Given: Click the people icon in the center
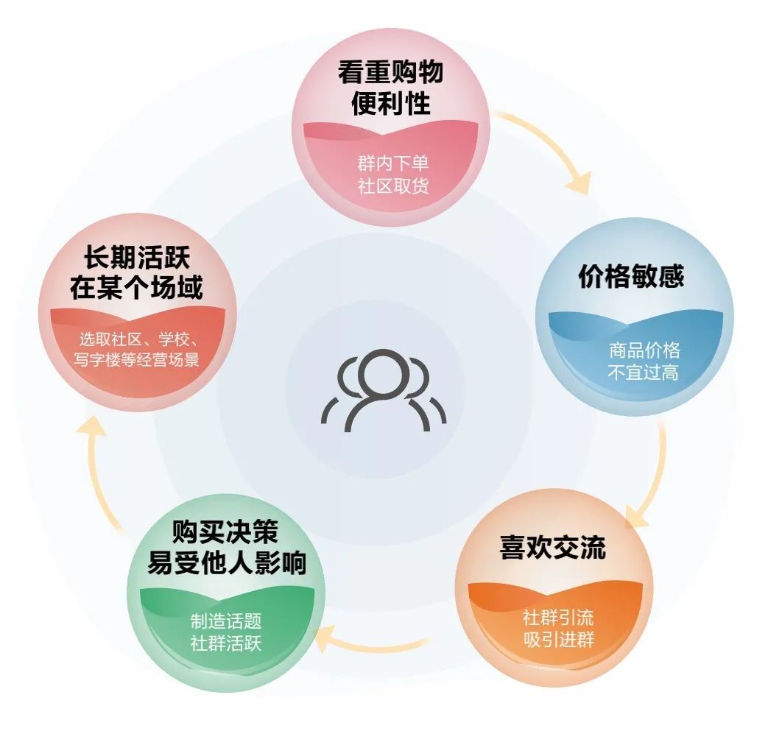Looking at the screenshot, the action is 383,390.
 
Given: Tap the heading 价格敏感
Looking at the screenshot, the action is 631,277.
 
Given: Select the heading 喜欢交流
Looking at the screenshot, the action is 552,548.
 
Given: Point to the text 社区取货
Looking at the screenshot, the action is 393,186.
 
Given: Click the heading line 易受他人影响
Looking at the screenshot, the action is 226,564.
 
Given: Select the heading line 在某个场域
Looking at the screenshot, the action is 136,289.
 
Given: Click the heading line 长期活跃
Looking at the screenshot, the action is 136,258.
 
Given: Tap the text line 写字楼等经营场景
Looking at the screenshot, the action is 137,361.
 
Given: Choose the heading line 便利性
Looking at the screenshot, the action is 391,105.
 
